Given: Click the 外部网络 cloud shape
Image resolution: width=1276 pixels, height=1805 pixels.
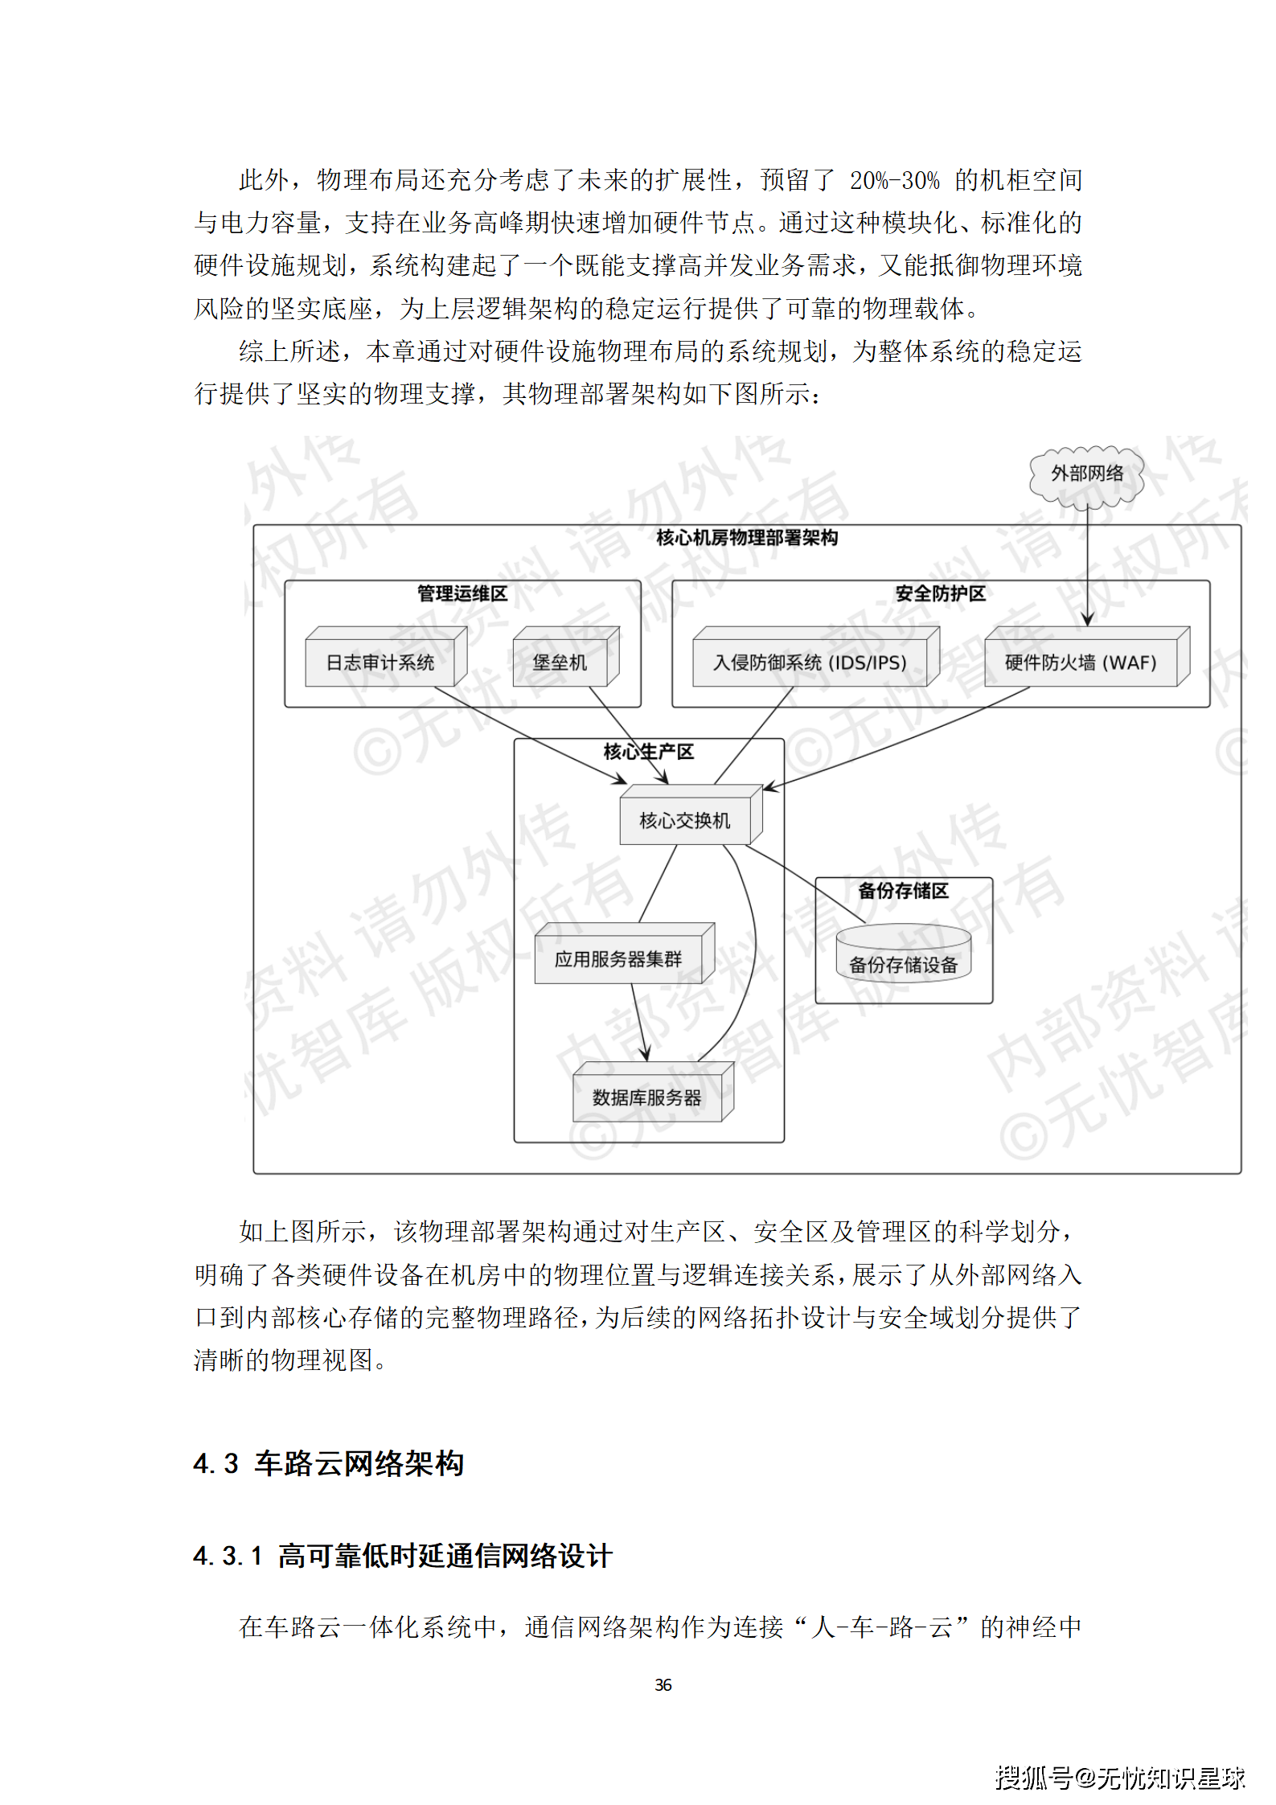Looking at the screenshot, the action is (x=1086, y=474).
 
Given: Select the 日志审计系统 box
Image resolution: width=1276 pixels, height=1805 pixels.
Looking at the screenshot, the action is (x=380, y=662).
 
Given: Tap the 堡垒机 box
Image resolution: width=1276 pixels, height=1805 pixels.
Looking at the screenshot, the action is (x=560, y=662).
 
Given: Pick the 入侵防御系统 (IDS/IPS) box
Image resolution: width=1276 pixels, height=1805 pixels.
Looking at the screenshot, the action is (x=810, y=662).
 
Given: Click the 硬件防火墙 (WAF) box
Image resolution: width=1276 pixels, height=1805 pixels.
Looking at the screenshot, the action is (x=1080, y=662).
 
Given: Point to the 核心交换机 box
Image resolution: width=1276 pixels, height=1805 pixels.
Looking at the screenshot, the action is (x=684, y=820).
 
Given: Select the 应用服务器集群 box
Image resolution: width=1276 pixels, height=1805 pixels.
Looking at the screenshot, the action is (x=617, y=958).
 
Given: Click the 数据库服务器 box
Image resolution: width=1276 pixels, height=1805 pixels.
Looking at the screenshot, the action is (x=646, y=1097).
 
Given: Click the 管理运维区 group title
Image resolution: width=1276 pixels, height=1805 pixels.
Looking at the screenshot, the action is (x=462, y=593).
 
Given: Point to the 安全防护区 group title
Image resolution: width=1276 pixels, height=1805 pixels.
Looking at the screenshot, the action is (x=940, y=593).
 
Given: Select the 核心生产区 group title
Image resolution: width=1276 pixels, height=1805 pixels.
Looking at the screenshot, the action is (x=648, y=752).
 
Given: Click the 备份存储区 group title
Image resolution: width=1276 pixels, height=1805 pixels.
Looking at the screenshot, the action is (x=903, y=890).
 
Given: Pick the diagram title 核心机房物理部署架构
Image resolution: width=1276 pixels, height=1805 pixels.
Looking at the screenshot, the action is (x=747, y=537).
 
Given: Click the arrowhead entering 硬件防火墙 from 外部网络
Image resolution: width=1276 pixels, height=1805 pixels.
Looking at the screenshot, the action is (x=1087, y=619).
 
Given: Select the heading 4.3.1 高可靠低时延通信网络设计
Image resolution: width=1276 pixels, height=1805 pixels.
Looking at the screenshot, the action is (x=403, y=1556).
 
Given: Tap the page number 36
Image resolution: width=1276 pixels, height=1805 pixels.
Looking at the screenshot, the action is (x=663, y=1684).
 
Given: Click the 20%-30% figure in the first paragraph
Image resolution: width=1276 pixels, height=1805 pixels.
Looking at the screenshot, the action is (x=894, y=180).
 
